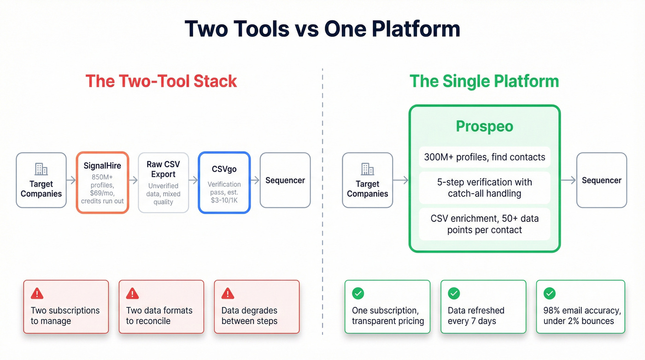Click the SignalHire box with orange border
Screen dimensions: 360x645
click(102, 183)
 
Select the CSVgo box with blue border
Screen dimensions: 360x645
click(224, 183)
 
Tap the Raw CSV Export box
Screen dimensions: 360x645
click(164, 183)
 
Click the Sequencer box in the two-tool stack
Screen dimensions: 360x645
click(285, 180)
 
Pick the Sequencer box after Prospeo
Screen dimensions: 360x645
click(601, 180)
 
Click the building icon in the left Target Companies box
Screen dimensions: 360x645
click(41, 169)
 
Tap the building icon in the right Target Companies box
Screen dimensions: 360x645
click(367, 169)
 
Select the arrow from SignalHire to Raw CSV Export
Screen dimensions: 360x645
click(133, 181)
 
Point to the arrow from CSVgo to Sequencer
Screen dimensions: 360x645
click(255, 181)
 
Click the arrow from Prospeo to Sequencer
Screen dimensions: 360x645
click(568, 181)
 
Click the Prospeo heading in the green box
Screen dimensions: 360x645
click(484, 126)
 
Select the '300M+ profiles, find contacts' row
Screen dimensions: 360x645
click(485, 157)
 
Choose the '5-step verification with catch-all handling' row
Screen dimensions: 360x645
click(485, 188)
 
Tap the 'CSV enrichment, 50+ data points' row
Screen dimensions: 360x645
click(485, 224)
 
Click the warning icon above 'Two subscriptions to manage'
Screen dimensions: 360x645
click(37, 293)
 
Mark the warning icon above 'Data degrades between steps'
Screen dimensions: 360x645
click(228, 293)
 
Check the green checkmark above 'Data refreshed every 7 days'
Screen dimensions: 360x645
click(454, 293)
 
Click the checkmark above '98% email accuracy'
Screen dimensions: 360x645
click(549, 293)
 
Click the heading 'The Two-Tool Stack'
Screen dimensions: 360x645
click(161, 81)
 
